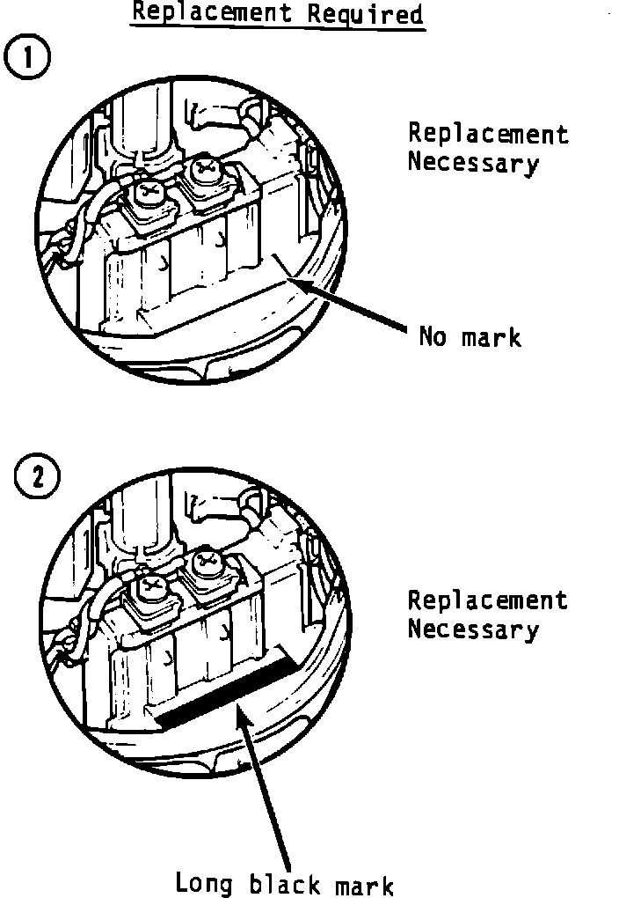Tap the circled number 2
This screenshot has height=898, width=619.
pyautogui.click(x=35, y=478)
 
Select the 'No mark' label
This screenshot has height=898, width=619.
pyautogui.click(x=469, y=336)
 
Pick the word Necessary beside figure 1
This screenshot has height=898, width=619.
pyautogui.click(x=472, y=164)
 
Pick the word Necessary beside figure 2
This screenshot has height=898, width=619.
pyautogui.click(x=472, y=630)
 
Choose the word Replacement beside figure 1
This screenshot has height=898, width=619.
pyautogui.click(x=487, y=135)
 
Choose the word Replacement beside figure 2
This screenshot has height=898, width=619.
pyautogui.click(x=487, y=601)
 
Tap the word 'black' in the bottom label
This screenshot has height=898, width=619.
pyautogui.click(x=281, y=882)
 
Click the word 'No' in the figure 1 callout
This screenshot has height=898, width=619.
pyautogui.click(x=433, y=336)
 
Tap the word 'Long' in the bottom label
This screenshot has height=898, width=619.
pyautogui.click(x=203, y=882)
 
